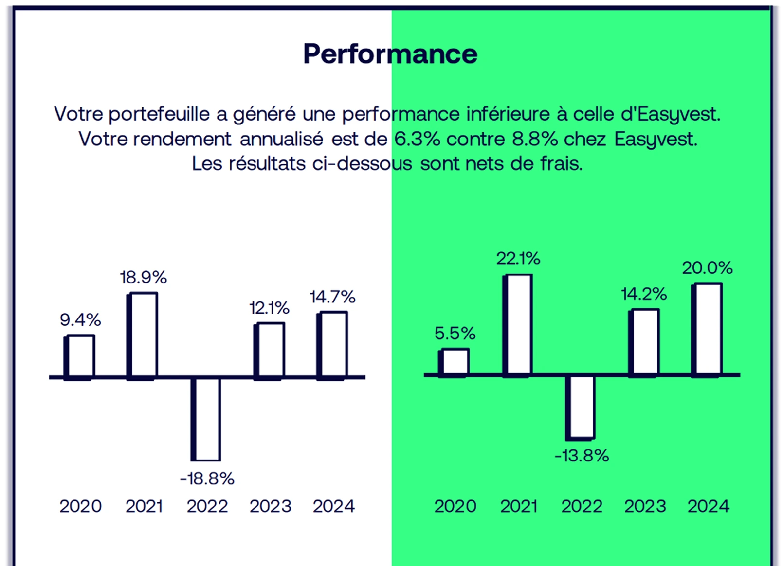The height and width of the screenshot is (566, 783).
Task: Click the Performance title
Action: pyautogui.click(x=390, y=53)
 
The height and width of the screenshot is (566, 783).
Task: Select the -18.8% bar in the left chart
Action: pyautogui.click(x=206, y=419)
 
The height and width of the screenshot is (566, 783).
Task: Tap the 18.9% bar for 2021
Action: pyautogui.click(x=143, y=335)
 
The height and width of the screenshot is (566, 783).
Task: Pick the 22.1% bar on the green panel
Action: pyautogui.click(x=518, y=325)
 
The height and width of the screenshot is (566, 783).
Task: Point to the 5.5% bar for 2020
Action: pyautogui.click(x=455, y=362)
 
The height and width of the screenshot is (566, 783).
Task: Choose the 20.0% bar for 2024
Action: pyautogui.click(x=708, y=329)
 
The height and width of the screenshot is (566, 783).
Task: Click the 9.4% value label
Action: pyautogui.click(x=80, y=319)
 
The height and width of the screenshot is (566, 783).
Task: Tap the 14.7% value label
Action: pyautogui.click(x=333, y=297)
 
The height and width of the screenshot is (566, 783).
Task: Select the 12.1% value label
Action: pyautogui.click(x=269, y=308)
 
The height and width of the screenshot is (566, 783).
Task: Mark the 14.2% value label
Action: pyautogui.click(x=644, y=294)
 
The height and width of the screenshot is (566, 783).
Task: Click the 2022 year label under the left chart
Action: pyautogui.click(x=207, y=506)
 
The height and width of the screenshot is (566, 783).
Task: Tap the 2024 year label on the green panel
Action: pyautogui.click(x=708, y=506)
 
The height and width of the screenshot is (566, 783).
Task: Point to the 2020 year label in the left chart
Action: pyautogui.click(x=81, y=506)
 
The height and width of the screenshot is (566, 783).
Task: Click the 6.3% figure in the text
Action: pyautogui.click(x=417, y=139)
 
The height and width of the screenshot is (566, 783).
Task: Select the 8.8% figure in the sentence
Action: pyautogui.click(x=535, y=139)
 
